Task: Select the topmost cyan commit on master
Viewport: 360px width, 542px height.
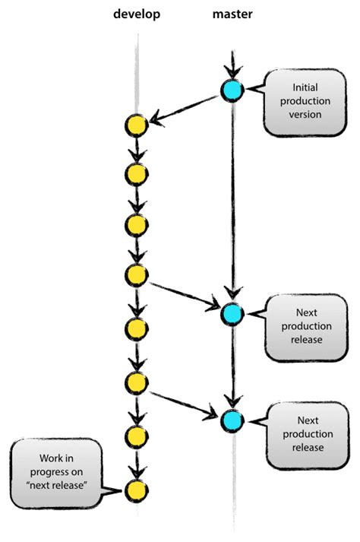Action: coord(232,90)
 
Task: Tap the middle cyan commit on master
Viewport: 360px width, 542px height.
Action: coord(232,313)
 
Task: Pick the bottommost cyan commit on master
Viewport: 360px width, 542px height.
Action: coord(232,418)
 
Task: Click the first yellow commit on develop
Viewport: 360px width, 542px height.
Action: coord(136,125)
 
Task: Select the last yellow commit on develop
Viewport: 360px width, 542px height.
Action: coord(136,490)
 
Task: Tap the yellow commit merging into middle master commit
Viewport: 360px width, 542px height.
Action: coord(136,275)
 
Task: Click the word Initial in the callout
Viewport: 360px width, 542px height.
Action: coord(300,88)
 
